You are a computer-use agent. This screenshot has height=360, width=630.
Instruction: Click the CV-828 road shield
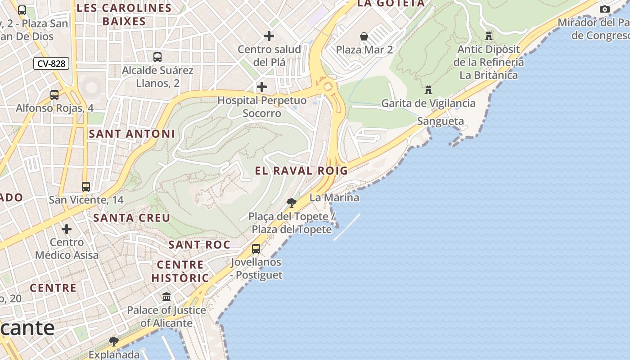click(x=51, y=63)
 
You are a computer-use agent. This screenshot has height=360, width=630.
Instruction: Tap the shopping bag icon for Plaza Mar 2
click(x=364, y=36)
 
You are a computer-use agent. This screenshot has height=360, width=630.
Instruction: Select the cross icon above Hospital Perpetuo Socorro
click(x=261, y=87)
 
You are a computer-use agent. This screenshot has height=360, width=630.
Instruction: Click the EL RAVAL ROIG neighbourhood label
click(x=301, y=171)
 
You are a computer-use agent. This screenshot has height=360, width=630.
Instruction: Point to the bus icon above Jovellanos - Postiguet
click(x=256, y=248)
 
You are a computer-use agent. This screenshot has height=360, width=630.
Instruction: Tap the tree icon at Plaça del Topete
click(x=292, y=202)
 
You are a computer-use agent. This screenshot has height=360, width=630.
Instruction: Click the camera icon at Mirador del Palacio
click(x=605, y=9)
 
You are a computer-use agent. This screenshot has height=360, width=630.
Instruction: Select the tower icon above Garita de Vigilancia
click(x=428, y=90)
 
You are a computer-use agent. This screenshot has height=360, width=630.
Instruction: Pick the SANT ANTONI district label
click(x=131, y=134)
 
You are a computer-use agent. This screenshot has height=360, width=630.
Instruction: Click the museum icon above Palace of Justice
click(x=166, y=297)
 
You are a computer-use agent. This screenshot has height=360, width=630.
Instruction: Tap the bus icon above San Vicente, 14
click(x=85, y=186)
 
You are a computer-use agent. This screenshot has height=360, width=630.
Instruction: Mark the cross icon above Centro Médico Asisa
click(x=67, y=229)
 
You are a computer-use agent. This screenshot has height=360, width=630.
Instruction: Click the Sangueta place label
click(x=440, y=121)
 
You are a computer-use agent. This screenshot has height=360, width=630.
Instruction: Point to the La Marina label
click(x=334, y=198)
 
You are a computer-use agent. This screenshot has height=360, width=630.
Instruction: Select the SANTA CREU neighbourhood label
click(x=131, y=218)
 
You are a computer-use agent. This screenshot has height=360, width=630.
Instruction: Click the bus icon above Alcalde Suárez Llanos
click(x=157, y=57)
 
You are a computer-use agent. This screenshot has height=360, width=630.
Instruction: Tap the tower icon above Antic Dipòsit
click(x=489, y=36)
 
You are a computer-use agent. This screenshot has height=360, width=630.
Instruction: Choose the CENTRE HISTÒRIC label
click(x=180, y=271)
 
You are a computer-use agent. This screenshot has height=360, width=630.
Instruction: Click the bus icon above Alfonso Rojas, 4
click(x=54, y=95)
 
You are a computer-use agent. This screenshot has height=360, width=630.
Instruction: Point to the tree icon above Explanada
click(x=114, y=341)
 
